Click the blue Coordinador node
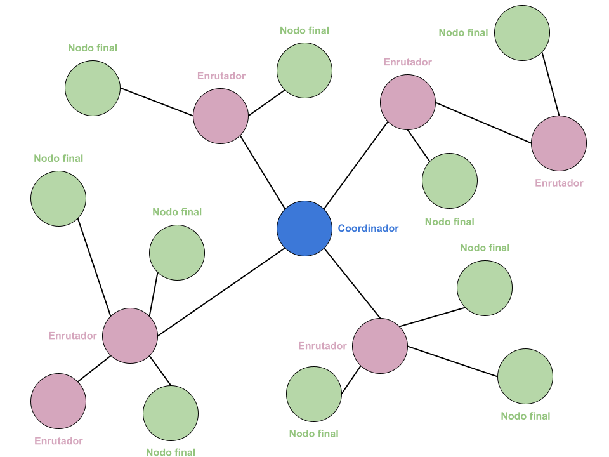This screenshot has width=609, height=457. (x=304, y=228)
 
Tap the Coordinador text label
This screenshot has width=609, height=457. (x=368, y=228)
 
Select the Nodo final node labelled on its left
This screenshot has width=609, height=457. (x=522, y=33)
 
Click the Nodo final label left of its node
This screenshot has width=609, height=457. (x=463, y=32)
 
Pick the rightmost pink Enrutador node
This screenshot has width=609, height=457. (x=559, y=143)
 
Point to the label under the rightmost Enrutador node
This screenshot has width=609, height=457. (x=559, y=183)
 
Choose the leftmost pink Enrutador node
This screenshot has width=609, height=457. (x=58, y=401)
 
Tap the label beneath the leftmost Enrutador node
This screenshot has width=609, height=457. (x=58, y=440)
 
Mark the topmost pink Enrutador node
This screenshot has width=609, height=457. (x=408, y=102)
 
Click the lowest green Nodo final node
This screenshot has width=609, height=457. (x=171, y=413)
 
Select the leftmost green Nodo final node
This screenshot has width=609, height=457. (x=58, y=199)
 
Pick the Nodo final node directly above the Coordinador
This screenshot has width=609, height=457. (x=304, y=70)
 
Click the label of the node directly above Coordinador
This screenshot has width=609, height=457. (x=304, y=30)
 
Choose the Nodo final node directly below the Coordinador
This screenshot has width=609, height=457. (x=314, y=394)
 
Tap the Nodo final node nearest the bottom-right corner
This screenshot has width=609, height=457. (x=525, y=376)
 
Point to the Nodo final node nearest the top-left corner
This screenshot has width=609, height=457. (x=93, y=88)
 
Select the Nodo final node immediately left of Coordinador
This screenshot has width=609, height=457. (x=177, y=253)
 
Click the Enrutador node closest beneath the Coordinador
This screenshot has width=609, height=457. (x=380, y=346)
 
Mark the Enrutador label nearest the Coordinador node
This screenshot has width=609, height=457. (x=322, y=346)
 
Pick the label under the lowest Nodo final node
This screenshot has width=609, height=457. (x=171, y=452)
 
